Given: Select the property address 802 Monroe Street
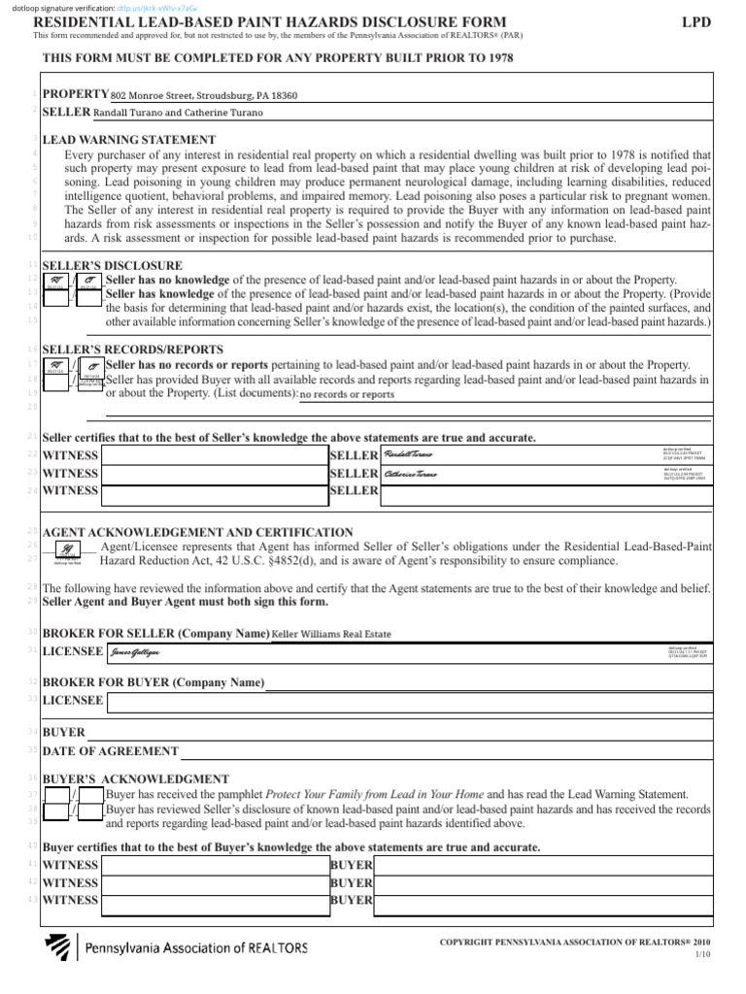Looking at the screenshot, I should coord(204,96).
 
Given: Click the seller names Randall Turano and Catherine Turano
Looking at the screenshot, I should coord(178,113).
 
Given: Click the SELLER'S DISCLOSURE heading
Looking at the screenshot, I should coord(112,265).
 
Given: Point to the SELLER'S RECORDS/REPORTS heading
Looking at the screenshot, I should coord(133,348).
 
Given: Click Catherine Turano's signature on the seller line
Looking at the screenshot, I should coord(411,474).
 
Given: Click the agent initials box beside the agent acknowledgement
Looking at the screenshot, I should coord(67,549).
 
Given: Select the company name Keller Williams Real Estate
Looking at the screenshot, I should coord(331,634).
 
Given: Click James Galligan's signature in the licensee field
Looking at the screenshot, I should coord(135,651).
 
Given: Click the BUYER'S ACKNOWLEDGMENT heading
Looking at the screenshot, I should coord(136,779).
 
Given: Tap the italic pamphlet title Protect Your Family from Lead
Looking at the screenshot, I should coord(375,794).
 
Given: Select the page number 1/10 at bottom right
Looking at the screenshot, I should coord(702,956).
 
